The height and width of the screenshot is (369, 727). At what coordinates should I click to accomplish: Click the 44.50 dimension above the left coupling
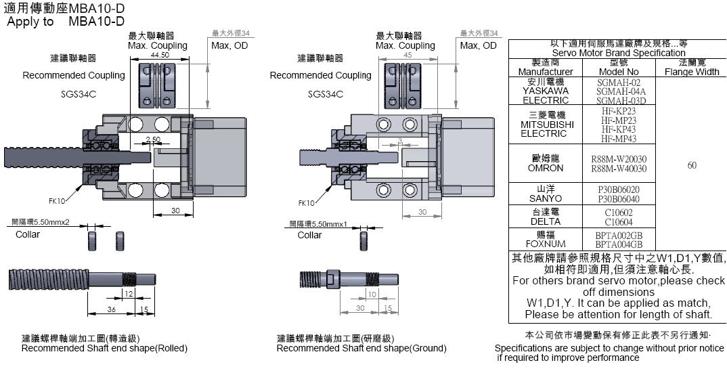point(160,55)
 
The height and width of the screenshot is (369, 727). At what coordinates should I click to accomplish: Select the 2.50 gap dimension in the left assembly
point(153,139)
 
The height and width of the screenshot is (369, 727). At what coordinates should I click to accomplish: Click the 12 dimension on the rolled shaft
point(128,293)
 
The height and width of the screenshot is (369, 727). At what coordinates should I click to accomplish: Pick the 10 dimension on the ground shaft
point(372,294)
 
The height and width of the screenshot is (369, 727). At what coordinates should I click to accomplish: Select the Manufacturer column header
point(545,71)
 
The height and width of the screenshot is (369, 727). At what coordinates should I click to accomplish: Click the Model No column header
point(618,71)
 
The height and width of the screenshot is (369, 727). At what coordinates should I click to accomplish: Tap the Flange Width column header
point(691,71)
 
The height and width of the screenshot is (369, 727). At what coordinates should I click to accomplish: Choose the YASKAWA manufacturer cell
point(545,91)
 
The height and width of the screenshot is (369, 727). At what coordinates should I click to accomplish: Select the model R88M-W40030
point(619,169)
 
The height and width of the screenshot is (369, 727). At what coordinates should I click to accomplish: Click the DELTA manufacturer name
point(545,221)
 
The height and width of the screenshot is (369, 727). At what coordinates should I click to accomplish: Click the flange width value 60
point(691,165)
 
